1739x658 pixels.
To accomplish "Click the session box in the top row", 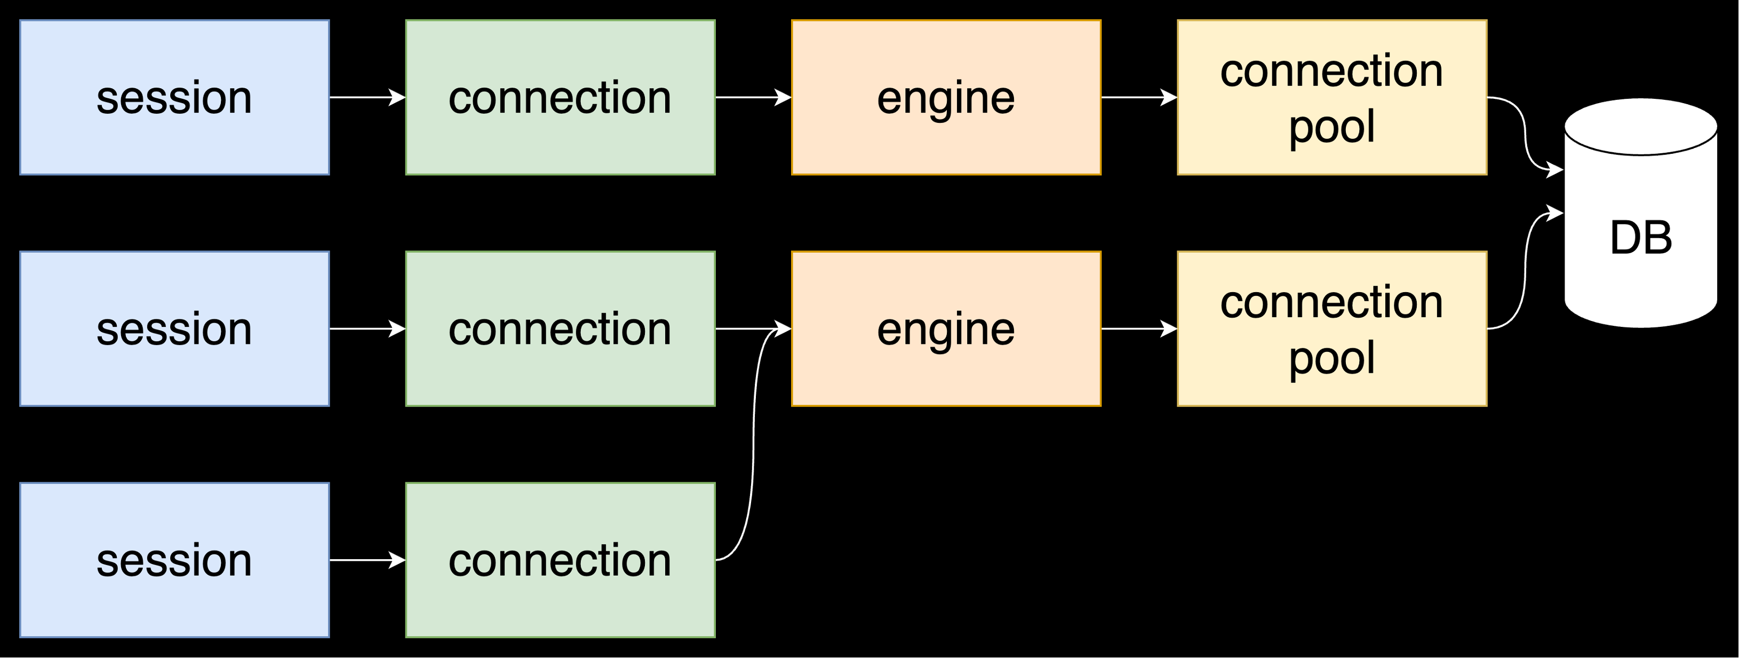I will tap(174, 97).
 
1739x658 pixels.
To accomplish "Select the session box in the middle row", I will tap(174, 329).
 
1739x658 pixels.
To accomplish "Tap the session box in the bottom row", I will tap(174, 560).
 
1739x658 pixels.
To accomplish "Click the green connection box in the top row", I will tap(560, 97).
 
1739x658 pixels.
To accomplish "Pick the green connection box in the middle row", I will tap(560, 329).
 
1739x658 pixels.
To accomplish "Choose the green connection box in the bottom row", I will tap(560, 560).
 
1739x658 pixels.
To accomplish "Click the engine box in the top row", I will tap(946, 97).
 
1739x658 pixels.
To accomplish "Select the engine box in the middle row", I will tap(946, 329).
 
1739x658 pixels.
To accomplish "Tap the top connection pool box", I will tap(1332, 97).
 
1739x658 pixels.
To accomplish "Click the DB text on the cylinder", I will tap(1640, 238).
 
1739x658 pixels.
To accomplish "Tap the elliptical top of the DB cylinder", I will tap(1640, 127).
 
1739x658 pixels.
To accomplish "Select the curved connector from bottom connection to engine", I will tap(753, 446).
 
